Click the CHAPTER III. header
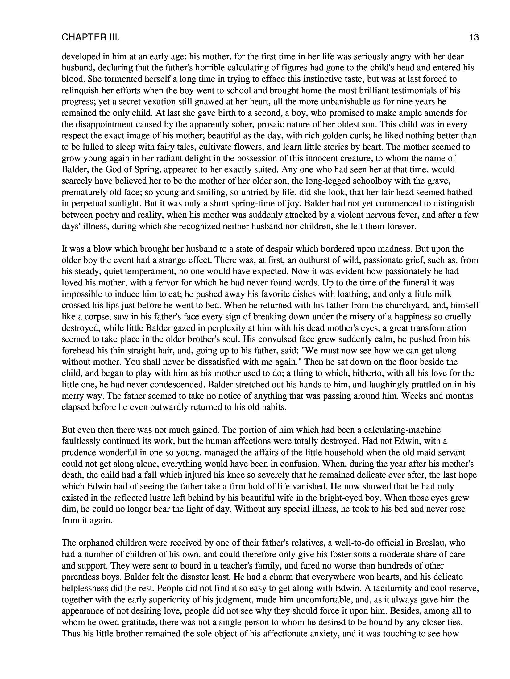click(90, 38)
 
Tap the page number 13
click(474, 38)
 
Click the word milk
click(442, 294)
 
